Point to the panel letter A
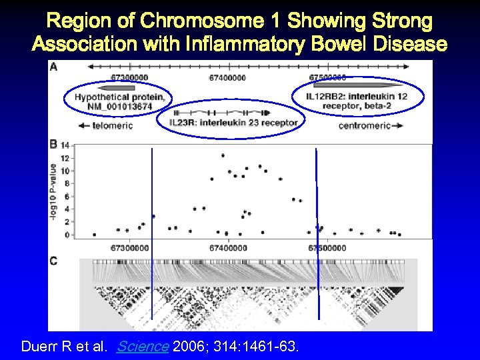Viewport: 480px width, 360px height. coord(53,67)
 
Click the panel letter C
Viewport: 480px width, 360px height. coord(53,261)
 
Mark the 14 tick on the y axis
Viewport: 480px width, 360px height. coord(65,145)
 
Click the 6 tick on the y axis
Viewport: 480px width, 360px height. coord(66,196)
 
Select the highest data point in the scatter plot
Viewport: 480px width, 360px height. coord(223,155)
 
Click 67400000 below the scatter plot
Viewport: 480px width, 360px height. coord(228,248)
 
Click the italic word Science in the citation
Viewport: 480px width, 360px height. coord(142,347)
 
